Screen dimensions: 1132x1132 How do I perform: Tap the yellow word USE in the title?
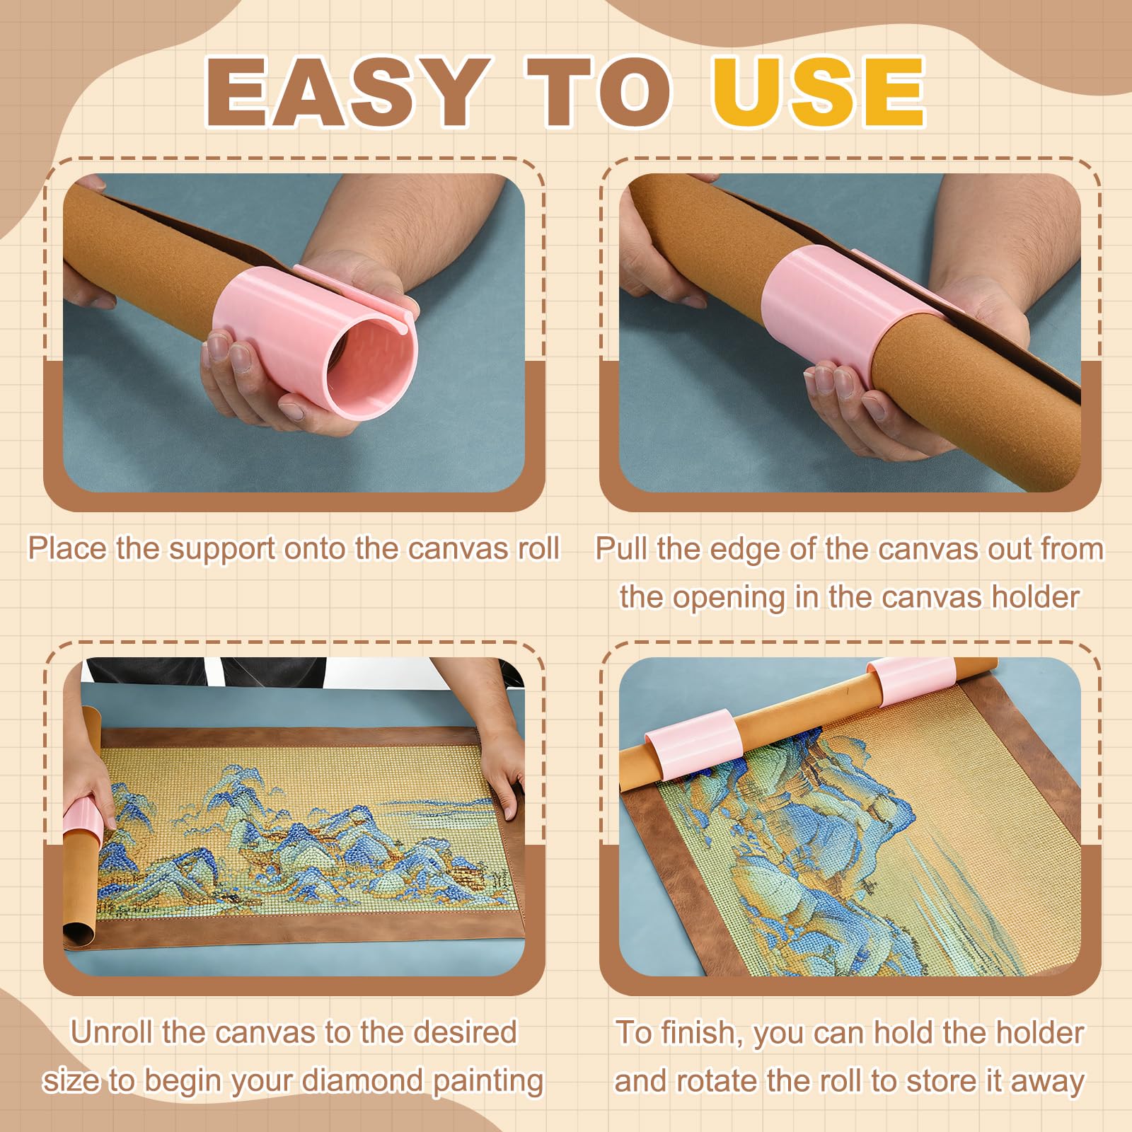point(819,91)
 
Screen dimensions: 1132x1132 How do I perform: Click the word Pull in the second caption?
point(622,548)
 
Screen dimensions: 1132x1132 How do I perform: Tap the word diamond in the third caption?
point(363,1080)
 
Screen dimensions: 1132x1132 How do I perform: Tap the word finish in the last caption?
point(698,1032)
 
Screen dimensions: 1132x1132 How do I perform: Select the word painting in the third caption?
point(488,1082)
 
